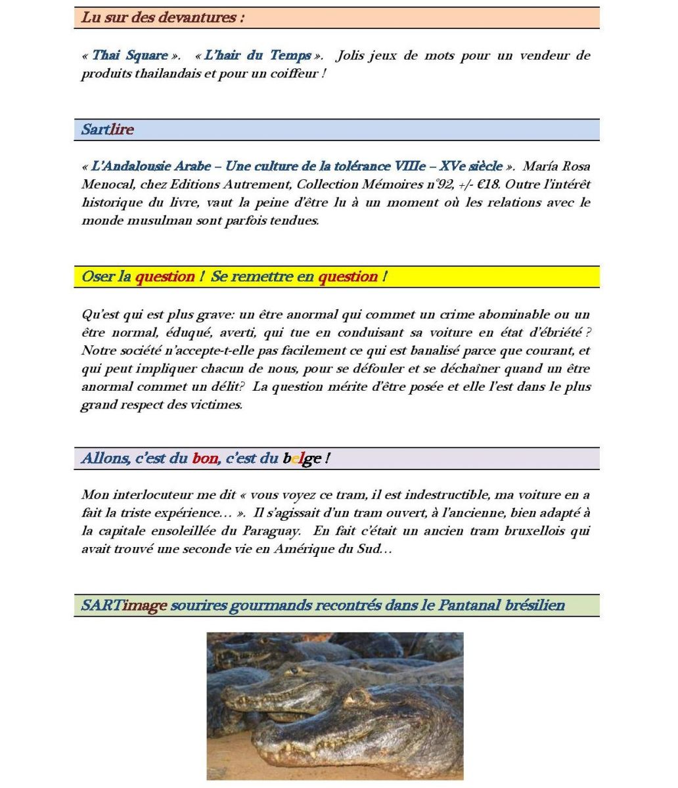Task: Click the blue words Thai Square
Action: pos(129,56)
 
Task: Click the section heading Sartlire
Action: pos(107,129)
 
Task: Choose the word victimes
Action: pos(216,405)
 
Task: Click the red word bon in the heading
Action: pos(205,458)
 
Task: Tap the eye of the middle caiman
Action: pos(296,670)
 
